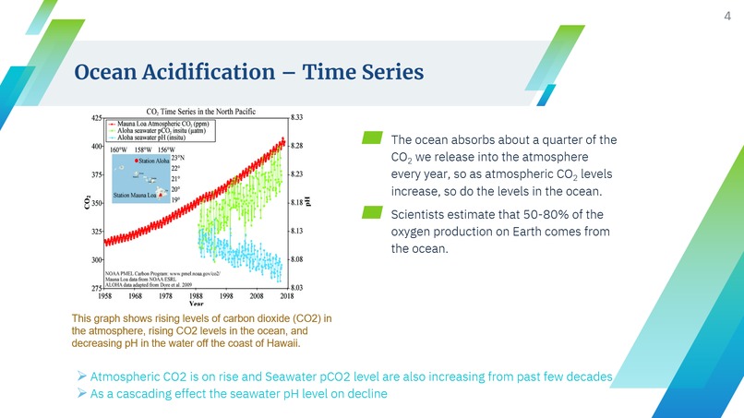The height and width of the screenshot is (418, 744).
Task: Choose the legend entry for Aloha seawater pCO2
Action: [171, 131]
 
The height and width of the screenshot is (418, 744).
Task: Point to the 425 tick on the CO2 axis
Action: [96, 117]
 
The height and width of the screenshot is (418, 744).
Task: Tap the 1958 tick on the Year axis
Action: [106, 296]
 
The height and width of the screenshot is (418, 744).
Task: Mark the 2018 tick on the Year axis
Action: [286, 296]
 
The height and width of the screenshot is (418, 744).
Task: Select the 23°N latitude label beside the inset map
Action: [177, 157]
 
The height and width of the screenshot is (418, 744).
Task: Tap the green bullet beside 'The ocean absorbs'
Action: [371, 138]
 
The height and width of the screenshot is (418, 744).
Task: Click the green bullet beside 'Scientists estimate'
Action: [371, 214]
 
